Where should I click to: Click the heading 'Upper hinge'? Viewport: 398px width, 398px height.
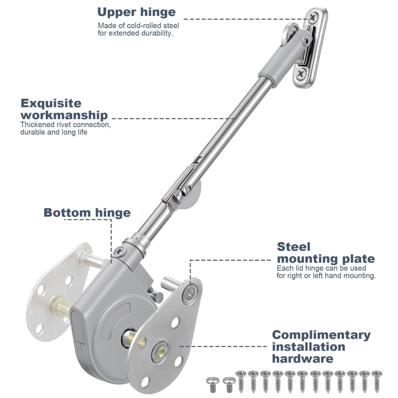136,12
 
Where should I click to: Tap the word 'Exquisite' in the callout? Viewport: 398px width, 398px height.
51,103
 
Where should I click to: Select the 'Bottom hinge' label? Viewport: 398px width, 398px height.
87,213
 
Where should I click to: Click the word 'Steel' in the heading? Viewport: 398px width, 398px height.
294,247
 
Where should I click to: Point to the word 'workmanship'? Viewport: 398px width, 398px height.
64,115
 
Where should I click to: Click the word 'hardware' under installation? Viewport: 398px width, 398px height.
302,359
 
